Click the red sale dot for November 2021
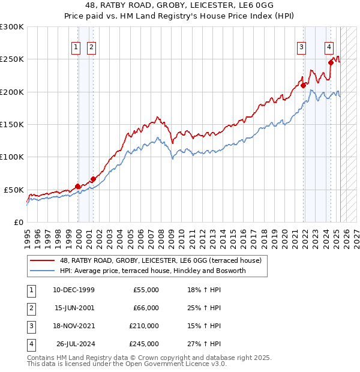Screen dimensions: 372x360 tap(304, 85)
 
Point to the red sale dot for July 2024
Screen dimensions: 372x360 tap(331, 62)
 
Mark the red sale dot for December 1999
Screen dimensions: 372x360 tap(78, 186)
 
